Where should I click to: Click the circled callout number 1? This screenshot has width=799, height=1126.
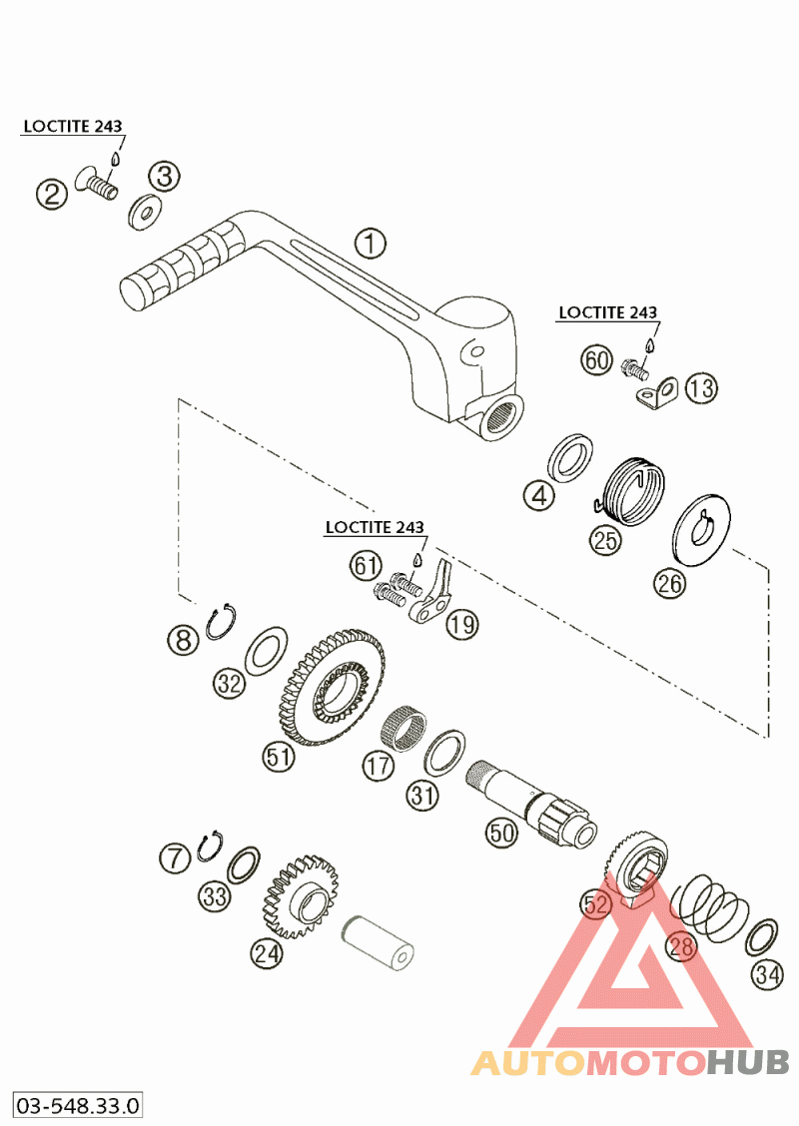pos(371,243)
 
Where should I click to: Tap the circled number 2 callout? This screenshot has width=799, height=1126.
pos(52,193)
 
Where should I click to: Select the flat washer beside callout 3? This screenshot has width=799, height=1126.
pos(147,211)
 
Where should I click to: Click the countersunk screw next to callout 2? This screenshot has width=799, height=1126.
pos(97,184)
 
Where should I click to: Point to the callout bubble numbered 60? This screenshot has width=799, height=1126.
pos(596,360)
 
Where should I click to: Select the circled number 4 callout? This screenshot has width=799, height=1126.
pos(540,493)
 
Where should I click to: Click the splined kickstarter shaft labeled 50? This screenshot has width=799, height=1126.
pos(530,798)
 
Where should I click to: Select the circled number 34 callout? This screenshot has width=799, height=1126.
pos(767,974)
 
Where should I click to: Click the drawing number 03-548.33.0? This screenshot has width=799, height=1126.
pos(77,1105)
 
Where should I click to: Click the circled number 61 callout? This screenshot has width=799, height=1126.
pos(366,566)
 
